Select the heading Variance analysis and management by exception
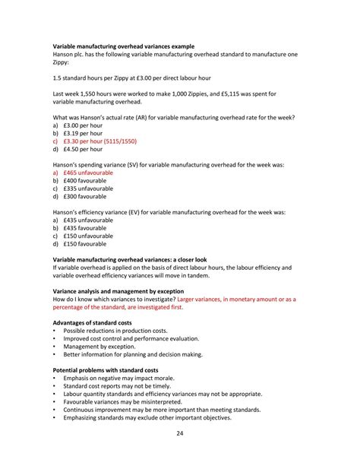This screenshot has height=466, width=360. pyautogui.click(x=128, y=291)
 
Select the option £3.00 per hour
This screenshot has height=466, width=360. pyautogui.click(x=83, y=125)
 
